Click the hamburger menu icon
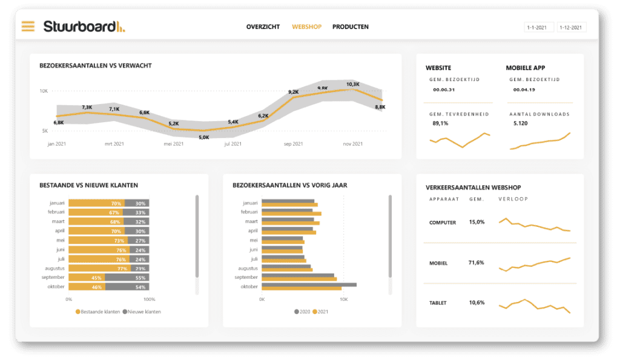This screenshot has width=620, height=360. (x=28, y=26)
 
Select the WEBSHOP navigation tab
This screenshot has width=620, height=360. (x=306, y=27)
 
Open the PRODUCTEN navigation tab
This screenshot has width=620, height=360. (x=350, y=27)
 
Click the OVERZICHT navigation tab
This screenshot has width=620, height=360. (x=263, y=27)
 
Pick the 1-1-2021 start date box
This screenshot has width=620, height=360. (x=538, y=28)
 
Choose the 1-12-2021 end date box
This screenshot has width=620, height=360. (x=571, y=28)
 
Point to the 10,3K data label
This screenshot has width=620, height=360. (x=352, y=84)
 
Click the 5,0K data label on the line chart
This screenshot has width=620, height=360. (x=204, y=137)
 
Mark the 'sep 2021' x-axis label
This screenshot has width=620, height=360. (x=294, y=144)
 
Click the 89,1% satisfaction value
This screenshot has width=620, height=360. (x=440, y=123)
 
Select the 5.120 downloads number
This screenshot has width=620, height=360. (x=521, y=123)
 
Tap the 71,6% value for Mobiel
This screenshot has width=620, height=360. (x=477, y=263)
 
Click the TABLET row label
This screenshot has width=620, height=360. (x=438, y=303)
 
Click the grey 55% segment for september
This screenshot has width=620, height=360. (x=127, y=278)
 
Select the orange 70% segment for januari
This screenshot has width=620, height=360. (x=96, y=203)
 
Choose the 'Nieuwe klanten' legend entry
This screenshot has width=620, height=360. (x=142, y=312)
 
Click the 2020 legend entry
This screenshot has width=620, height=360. (x=302, y=312)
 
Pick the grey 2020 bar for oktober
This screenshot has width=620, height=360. (x=309, y=284)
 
